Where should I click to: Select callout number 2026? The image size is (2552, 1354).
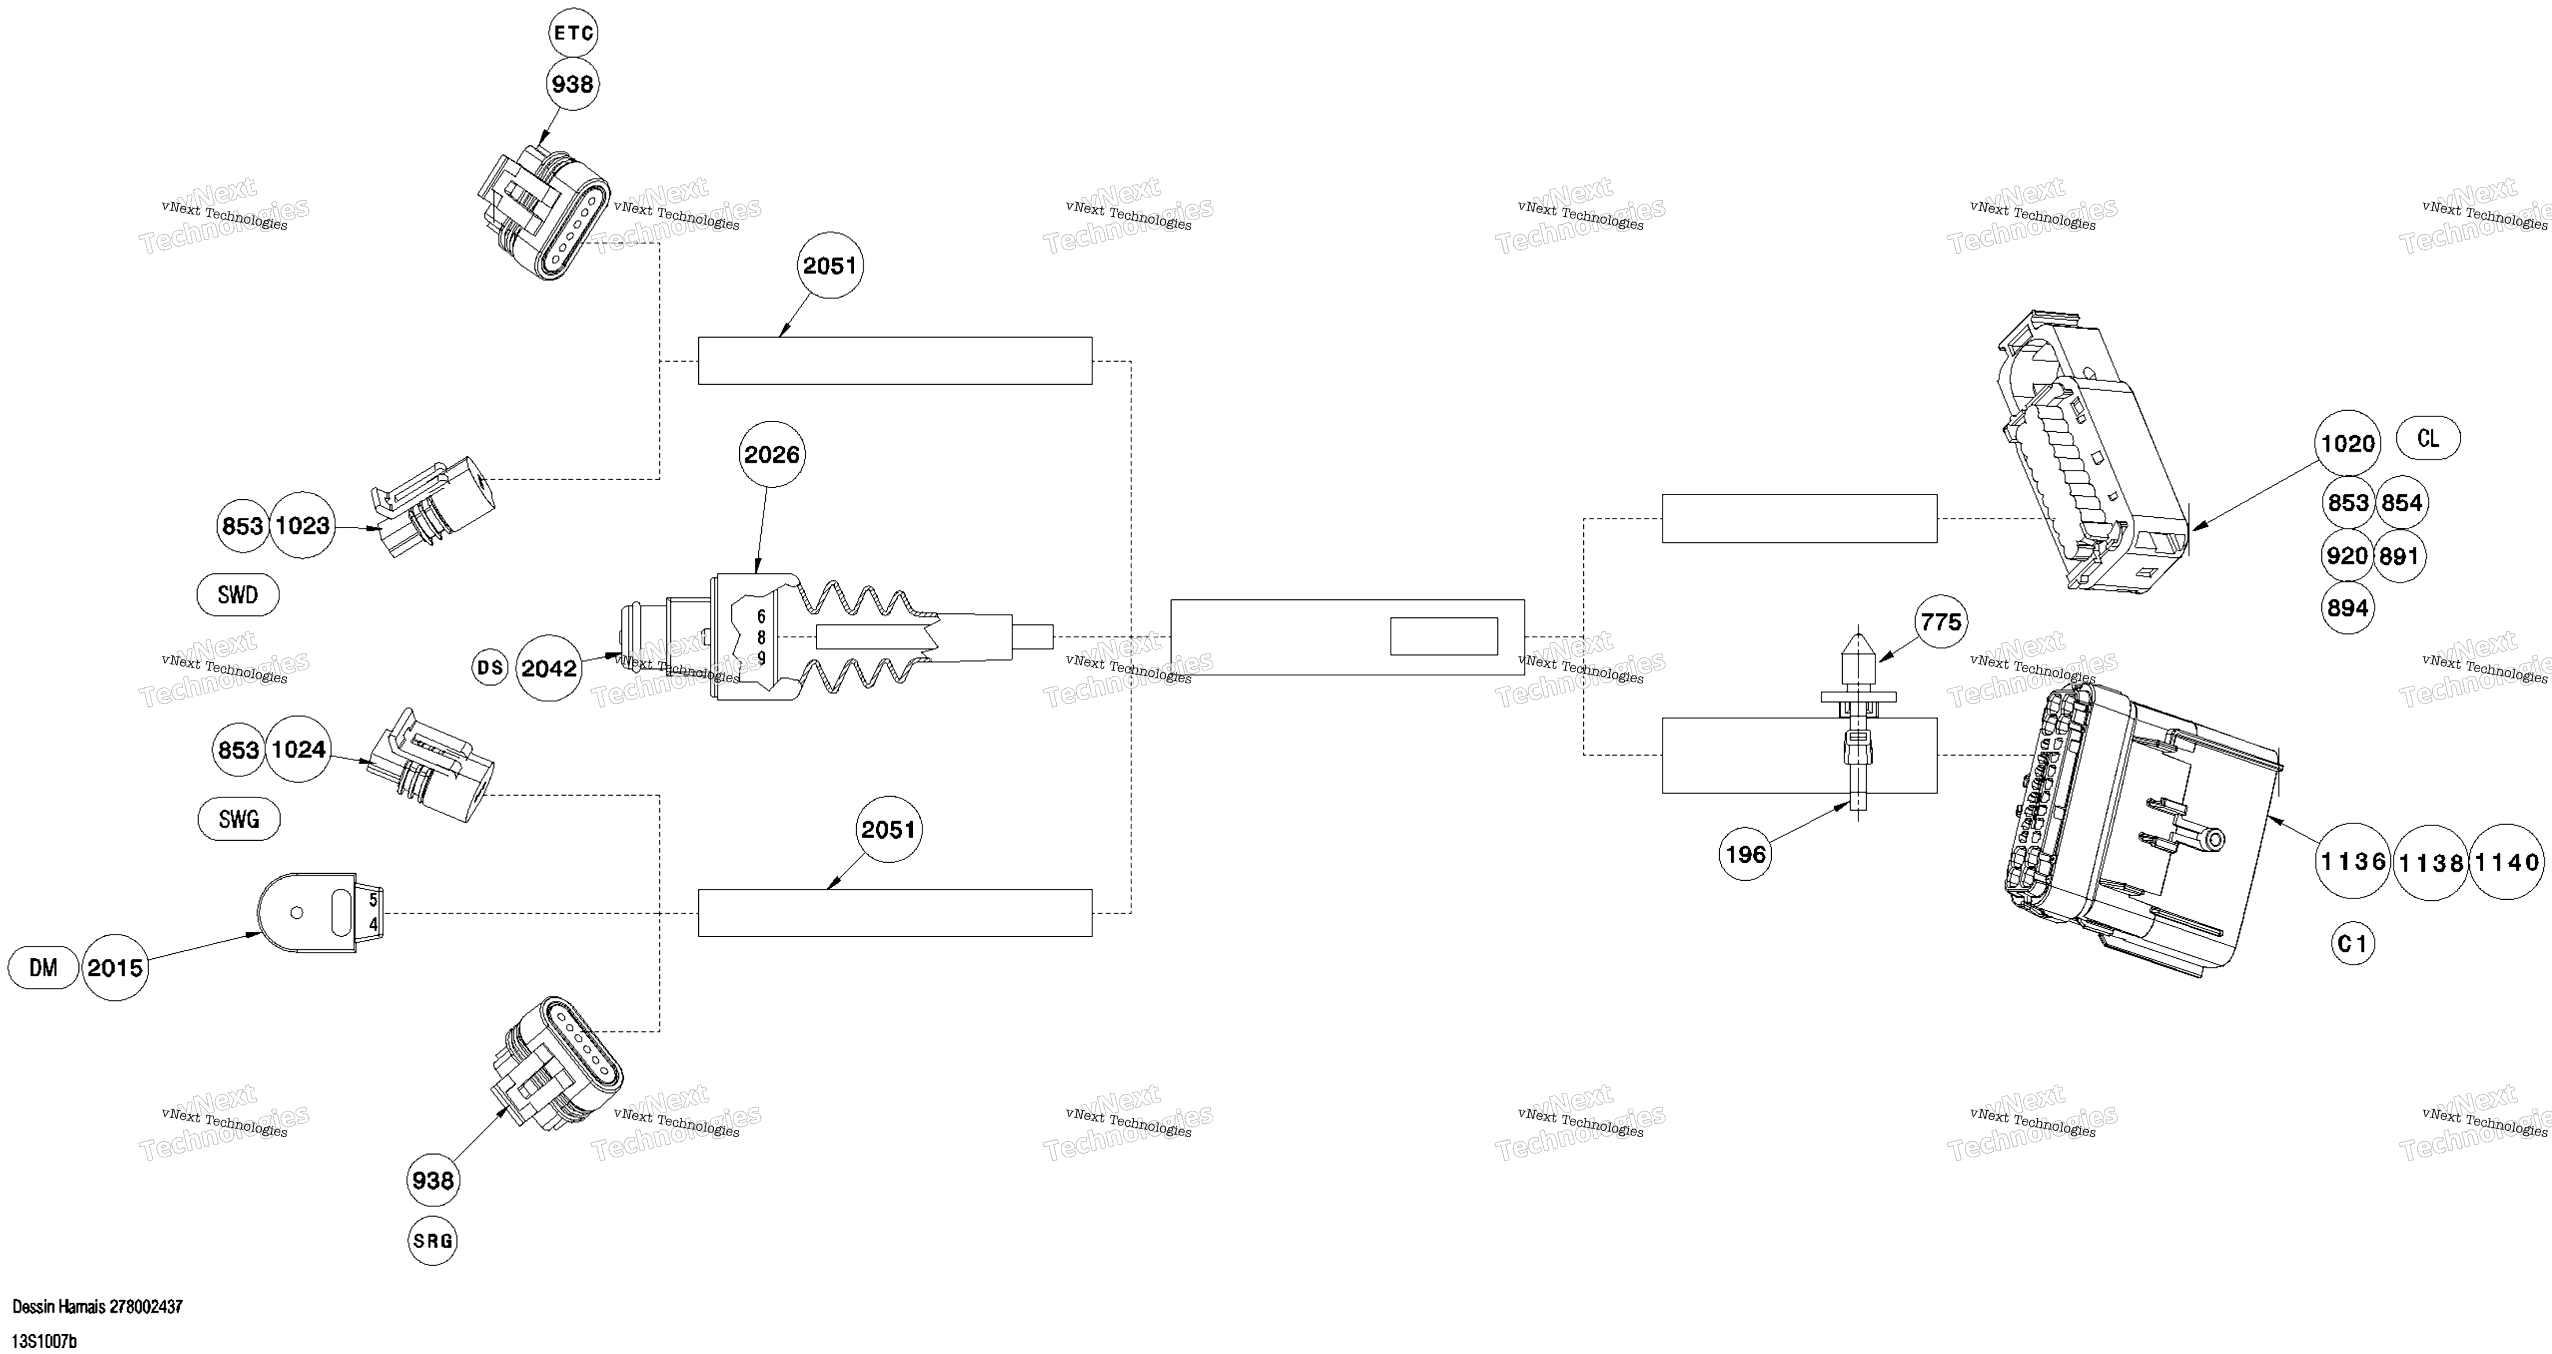point(772,454)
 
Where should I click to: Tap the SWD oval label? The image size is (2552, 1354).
point(238,595)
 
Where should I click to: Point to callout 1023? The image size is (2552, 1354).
point(302,525)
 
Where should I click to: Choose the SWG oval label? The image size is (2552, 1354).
point(239,819)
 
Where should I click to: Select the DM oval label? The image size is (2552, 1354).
point(44,968)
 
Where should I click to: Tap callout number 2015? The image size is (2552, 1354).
point(115,968)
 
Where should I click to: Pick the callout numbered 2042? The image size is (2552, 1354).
point(549,668)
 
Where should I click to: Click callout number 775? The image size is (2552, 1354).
point(1941,622)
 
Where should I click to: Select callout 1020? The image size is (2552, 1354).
point(2348,443)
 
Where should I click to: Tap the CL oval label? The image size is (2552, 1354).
point(2428,438)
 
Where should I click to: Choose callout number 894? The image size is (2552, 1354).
point(2348,608)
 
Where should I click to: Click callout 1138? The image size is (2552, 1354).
point(2431,862)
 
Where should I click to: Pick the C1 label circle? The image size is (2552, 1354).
point(2353,944)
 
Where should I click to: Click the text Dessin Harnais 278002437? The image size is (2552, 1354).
point(97,1306)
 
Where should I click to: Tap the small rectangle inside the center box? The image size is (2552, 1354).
point(1443,636)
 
